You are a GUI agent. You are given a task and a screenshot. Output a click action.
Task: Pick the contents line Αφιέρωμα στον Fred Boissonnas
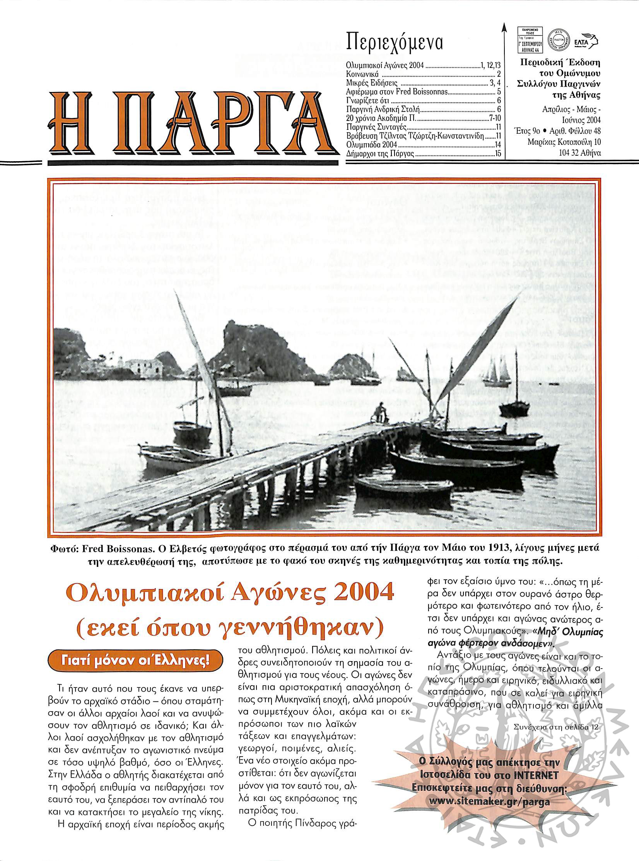397,92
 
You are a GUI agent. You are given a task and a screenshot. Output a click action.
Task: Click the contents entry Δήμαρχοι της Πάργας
381,155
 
